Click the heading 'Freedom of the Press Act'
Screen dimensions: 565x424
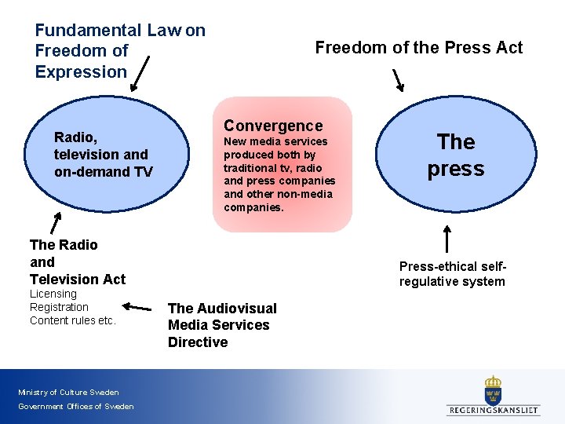click(x=418, y=48)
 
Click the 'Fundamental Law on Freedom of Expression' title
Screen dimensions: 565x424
click(x=119, y=51)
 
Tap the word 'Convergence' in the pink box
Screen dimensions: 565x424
click(x=273, y=126)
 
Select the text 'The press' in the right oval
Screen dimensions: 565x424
click(x=456, y=155)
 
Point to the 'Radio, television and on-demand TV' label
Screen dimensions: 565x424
click(x=103, y=155)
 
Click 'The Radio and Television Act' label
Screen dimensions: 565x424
click(x=77, y=261)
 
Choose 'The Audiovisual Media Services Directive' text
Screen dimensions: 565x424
click(x=222, y=325)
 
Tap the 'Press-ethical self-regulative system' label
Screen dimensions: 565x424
click(x=452, y=274)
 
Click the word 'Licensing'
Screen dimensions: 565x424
click(x=53, y=294)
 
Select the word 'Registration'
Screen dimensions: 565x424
click(x=59, y=307)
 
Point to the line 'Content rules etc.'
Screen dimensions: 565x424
click(x=72, y=320)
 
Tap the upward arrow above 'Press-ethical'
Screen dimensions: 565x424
click(x=447, y=239)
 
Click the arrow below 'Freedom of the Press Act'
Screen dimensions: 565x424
click(x=398, y=80)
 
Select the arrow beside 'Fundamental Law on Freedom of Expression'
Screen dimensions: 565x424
click(x=140, y=75)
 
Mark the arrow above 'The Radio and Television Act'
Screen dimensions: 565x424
click(x=56, y=222)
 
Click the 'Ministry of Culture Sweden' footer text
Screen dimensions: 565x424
click(x=68, y=392)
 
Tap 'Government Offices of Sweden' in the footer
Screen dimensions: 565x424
click(x=75, y=406)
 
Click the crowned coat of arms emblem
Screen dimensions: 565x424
click(x=493, y=389)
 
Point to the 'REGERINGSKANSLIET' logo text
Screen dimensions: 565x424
click(x=494, y=410)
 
